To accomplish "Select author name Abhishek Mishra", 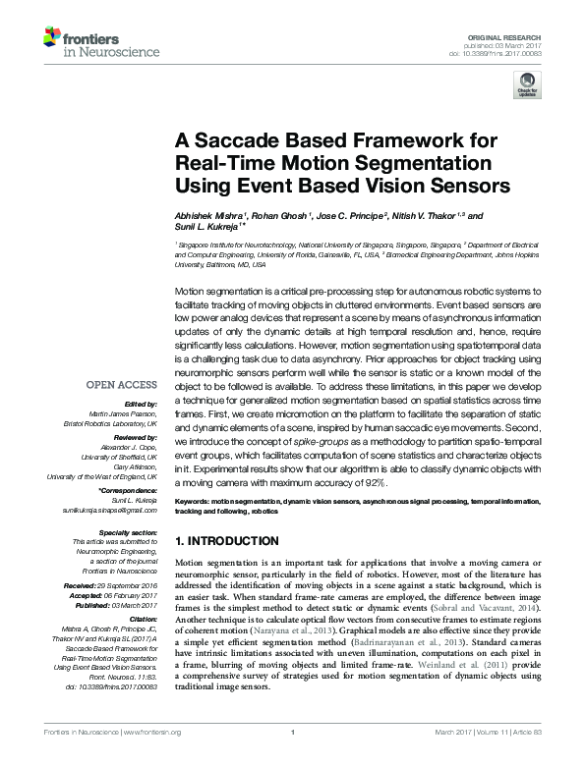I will coord(207,215).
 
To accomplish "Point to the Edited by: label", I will coord(140,405).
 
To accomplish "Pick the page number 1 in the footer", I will coord(292,756).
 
